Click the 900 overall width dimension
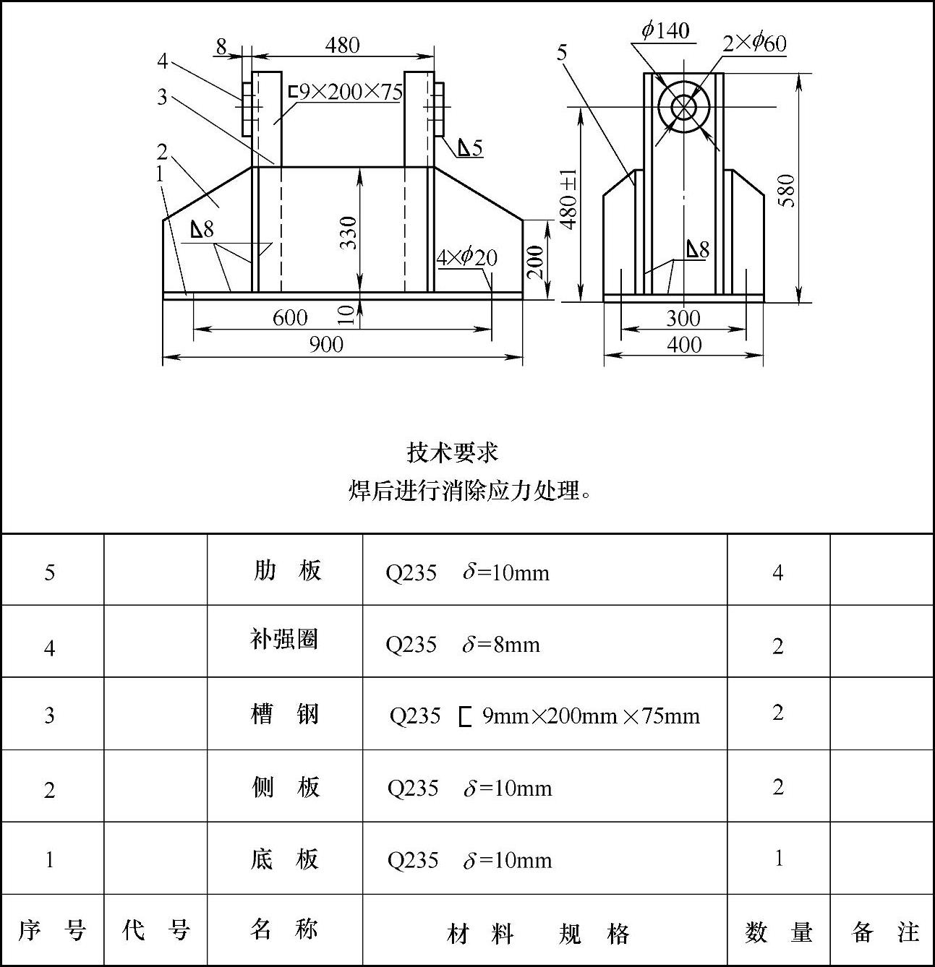point(326,345)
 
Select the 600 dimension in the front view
point(290,318)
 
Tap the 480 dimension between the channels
point(342,46)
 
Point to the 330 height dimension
point(349,232)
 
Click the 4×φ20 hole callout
point(466,257)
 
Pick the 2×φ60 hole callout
point(754,43)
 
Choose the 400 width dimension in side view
point(683,345)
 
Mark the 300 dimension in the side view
point(683,319)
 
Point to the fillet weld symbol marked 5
point(469,148)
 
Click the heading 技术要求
point(452,453)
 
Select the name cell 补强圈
point(284,640)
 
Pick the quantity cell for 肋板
point(777,573)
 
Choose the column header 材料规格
point(538,934)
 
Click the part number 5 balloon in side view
point(562,52)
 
